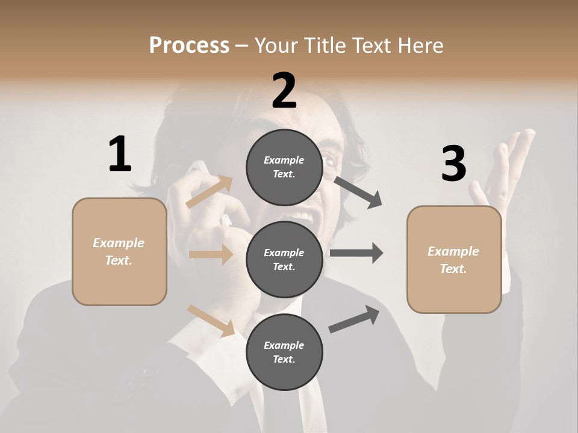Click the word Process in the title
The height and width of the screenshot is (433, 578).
tap(189, 45)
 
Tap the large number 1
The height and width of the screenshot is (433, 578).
tap(120, 155)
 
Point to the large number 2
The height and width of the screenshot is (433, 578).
tap(284, 91)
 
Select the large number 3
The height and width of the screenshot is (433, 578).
tap(453, 164)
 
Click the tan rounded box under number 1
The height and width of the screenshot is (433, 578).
tap(119, 251)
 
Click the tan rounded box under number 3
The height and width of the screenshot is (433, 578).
tap(454, 260)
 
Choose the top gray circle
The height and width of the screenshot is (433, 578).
tap(284, 167)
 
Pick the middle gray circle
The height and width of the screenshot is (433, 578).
tap(284, 260)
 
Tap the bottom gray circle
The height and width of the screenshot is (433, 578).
tap(284, 352)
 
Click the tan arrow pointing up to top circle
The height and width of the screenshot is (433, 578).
tap(210, 192)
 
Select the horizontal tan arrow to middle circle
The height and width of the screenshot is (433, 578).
tap(211, 254)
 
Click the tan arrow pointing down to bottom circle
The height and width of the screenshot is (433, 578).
tap(211, 321)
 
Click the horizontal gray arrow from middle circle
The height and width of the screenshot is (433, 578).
tap(356, 253)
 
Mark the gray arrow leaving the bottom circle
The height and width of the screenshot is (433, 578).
tap(354, 319)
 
